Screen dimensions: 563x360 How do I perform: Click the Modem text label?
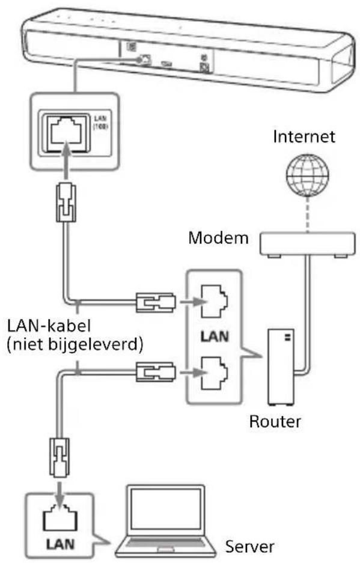[218, 237]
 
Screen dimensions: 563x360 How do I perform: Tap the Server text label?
[249, 547]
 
